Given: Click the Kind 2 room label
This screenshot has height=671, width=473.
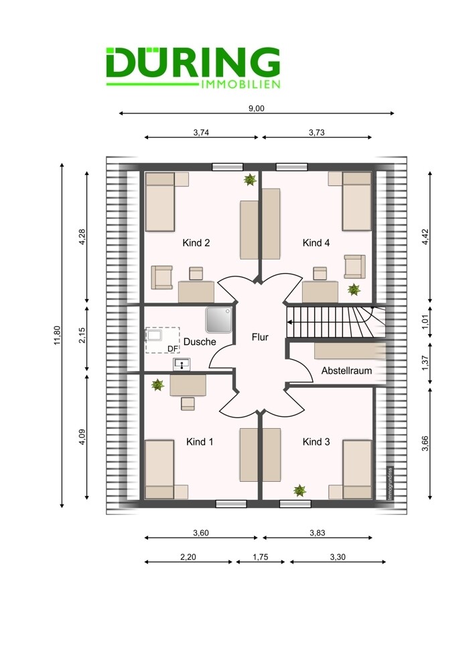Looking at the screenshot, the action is [196, 243].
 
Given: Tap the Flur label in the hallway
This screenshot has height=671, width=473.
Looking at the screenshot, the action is [260, 338].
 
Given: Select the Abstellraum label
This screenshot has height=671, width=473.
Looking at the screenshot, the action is [346, 370].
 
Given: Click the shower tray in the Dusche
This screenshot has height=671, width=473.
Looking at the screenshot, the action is [219, 319].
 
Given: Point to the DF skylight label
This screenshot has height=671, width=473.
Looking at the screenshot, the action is [172, 349].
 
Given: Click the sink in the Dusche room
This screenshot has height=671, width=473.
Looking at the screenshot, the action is [182, 364].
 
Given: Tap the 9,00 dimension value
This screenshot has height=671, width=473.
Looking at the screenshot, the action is [257, 108].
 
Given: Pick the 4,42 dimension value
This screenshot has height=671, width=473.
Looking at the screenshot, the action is [425, 237].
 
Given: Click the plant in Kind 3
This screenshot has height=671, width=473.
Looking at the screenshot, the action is [299, 491].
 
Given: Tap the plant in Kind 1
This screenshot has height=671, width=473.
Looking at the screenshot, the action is [157, 384].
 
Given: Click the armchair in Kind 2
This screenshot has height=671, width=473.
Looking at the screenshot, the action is [162, 277].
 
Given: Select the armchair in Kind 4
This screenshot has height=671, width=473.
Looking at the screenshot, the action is [354, 266].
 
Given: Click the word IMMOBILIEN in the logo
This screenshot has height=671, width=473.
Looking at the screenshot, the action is [240, 85].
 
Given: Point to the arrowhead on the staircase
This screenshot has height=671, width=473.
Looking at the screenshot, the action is [289, 322].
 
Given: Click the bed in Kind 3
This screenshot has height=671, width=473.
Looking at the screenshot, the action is [357, 470].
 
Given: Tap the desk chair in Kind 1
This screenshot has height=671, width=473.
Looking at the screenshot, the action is [188, 403].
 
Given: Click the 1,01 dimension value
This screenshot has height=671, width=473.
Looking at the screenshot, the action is [425, 322].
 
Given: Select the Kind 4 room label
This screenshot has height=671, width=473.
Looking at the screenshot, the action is [316, 243].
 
